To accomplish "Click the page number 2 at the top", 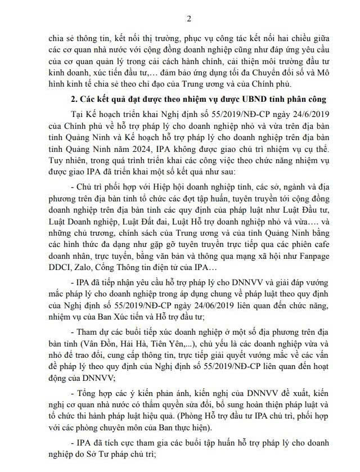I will pyautogui.click(x=188, y=19).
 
